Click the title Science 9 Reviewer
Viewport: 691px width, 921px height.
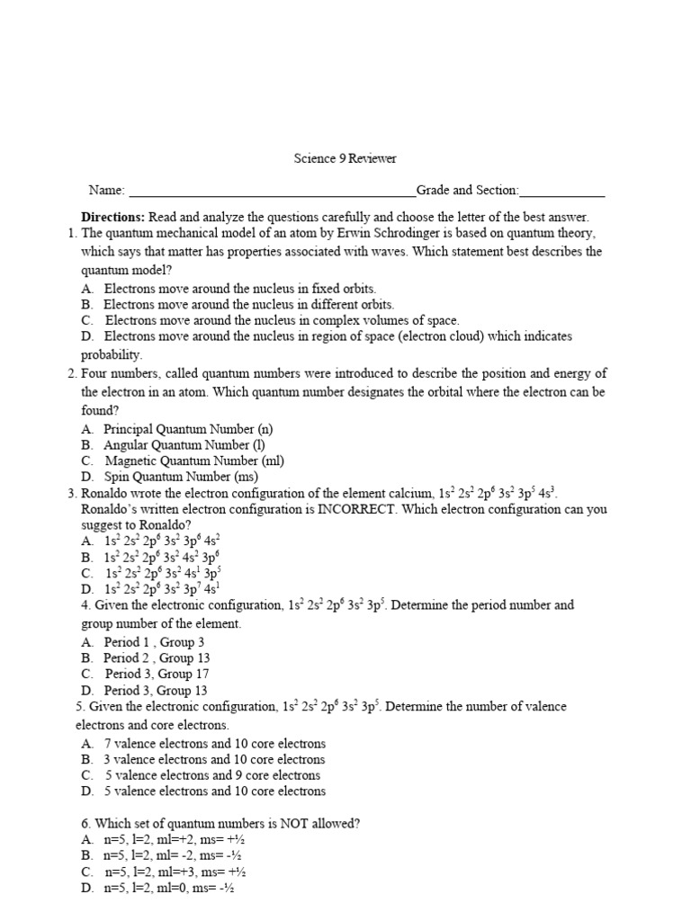coord(345,159)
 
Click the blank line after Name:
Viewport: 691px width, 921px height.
coord(272,192)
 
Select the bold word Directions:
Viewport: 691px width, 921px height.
coord(113,218)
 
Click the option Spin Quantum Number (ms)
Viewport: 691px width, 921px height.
coord(181,477)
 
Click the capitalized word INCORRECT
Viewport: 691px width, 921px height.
coord(357,509)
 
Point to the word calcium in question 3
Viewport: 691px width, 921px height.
coord(409,493)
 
